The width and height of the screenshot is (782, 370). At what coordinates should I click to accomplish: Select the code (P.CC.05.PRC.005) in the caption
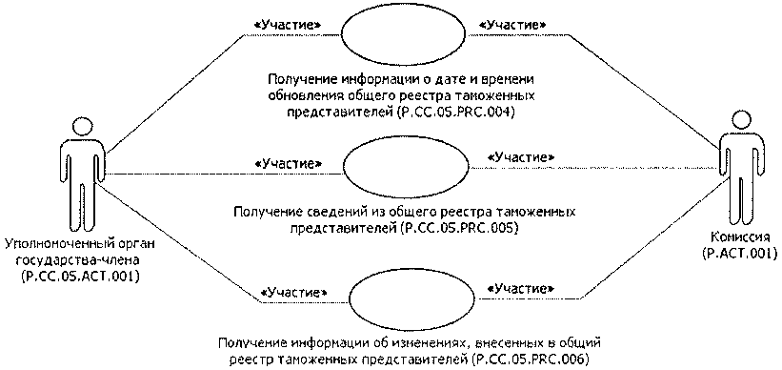coord(451,229)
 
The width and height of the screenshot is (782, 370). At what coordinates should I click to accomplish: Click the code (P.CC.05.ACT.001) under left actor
coord(79,277)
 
